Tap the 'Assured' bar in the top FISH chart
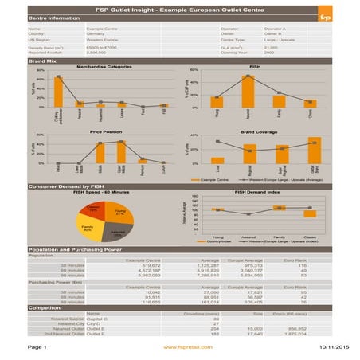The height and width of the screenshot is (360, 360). [248, 92]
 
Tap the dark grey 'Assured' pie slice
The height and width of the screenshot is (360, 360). [115, 233]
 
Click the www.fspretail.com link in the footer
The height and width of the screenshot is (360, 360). [181, 348]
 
